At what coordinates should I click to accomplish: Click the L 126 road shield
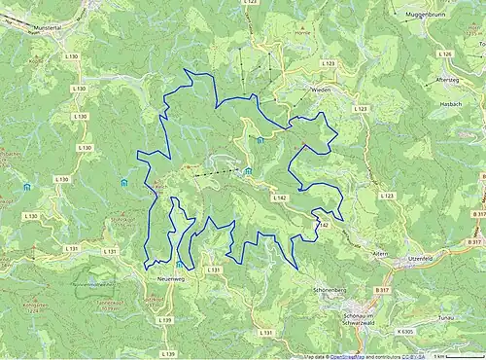click(x=445, y=54)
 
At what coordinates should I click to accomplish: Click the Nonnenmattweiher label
click(x=93, y=283)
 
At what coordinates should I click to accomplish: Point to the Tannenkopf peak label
click(x=102, y=304)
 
